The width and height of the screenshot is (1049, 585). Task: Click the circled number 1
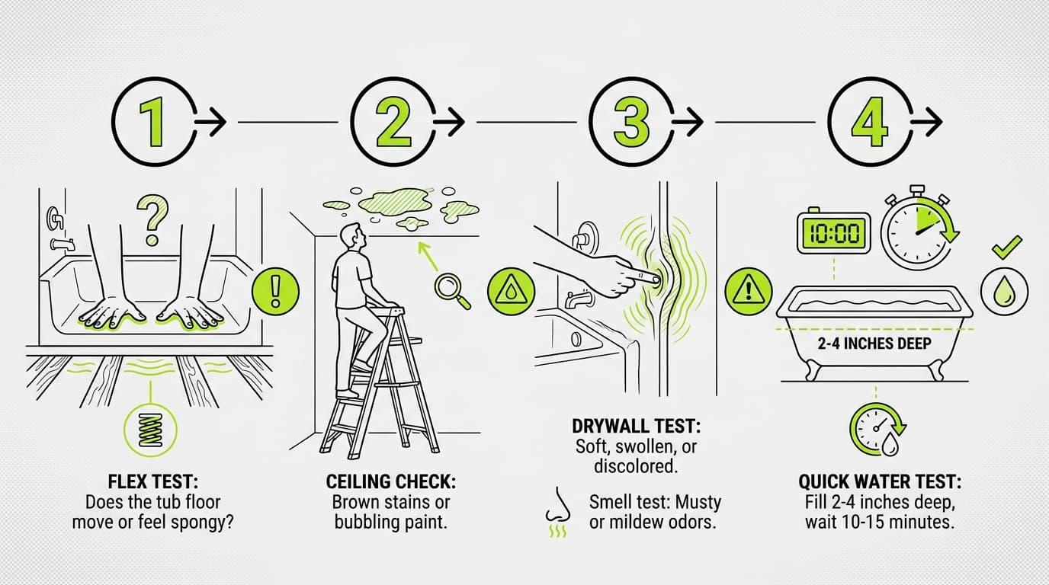point(152,122)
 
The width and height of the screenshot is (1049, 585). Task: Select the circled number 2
point(393,122)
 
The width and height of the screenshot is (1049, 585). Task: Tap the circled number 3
point(630,122)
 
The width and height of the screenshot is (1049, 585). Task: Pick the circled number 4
point(870,122)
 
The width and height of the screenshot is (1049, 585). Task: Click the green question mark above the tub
point(152,220)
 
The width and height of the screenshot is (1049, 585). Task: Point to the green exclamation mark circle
point(275,291)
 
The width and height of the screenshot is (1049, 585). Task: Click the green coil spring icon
point(150,430)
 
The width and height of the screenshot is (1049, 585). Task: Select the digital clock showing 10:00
point(833,232)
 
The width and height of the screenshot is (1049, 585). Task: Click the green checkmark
point(1007,247)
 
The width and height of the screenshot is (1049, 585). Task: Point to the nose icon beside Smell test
point(557,506)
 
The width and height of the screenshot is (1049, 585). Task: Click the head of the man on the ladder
point(353,236)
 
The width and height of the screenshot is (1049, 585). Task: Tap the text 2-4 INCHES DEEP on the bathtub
point(874,344)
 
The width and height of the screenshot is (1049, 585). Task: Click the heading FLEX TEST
point(152,481)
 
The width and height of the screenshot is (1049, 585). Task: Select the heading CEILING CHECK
point(390,481)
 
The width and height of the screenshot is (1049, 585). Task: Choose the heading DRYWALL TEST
point(636,426)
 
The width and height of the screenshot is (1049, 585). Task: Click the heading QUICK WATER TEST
point(880,481)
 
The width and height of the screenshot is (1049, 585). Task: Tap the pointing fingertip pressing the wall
point(655,280)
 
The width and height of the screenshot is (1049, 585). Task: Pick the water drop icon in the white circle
point(1005,291)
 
